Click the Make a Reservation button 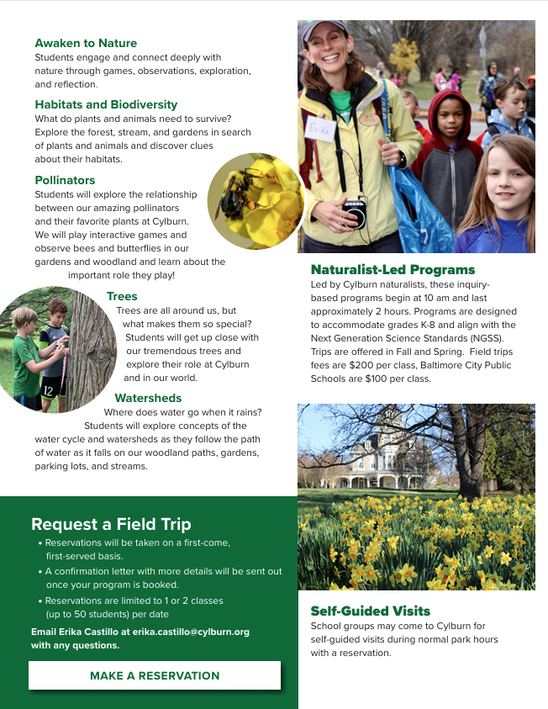pos(155,675)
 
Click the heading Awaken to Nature pos(86,43)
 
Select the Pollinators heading pos(65,180)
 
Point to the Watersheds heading pos(148,398)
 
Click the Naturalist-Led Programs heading pos(393,270)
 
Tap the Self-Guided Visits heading pos(370,611)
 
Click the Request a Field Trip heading pos(111,524)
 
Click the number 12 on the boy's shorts pos(49,390)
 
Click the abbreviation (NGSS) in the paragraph pos(494,337)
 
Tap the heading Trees pos(122,296)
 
